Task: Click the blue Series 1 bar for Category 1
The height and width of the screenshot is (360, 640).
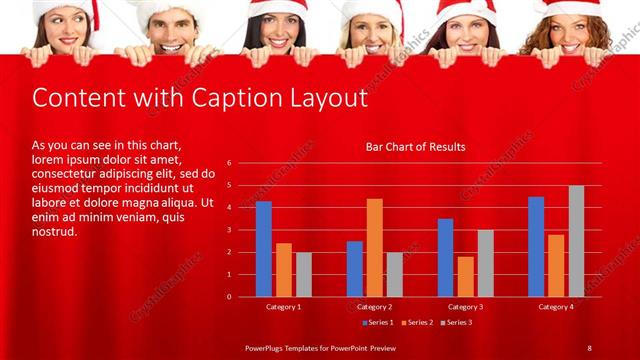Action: click(x=264, y=249)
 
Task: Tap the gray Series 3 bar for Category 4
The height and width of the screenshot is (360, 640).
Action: click(x=577, y=241)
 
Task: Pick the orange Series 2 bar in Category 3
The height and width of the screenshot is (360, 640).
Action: click(x=465, y=277)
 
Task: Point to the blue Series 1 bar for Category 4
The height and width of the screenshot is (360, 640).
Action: click(x=536, y=246)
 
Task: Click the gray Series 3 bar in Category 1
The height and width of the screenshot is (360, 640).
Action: click(x=304, y=274)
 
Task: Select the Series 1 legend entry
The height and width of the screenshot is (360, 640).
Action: click(x=377, y=322)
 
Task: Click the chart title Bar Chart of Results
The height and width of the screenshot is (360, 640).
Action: click(x=415, y=147)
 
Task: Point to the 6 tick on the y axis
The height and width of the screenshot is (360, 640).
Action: click(x=229, y=163)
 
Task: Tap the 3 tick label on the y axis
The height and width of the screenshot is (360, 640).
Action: click(x=229, y=230)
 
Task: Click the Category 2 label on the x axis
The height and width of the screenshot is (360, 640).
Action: click(x=374, y=307)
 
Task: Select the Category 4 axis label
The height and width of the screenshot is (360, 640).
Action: click(x=556, y=307)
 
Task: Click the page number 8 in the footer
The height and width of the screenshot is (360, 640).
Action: click(x=589, y=347)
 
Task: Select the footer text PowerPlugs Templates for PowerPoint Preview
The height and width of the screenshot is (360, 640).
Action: click(x=321, y=347)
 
